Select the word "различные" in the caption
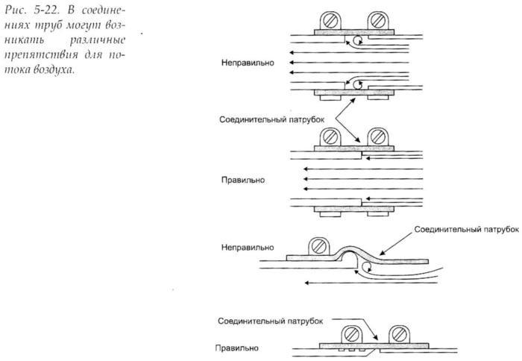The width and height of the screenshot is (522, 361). tap(98, 40)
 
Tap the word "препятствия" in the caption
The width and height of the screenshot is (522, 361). tap(41, 55)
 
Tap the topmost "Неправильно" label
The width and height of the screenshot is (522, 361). tap(248, 63)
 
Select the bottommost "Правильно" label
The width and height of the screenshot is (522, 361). tap(236, 348)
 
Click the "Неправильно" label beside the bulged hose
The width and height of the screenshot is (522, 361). tap(248, 248)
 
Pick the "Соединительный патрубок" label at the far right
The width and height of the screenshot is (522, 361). tap(466, 230)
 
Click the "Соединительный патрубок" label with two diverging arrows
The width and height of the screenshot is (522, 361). tap(271, 119)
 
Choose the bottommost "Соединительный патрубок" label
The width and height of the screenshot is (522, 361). tap(270, 321)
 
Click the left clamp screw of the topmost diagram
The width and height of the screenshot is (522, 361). tap(330, 21)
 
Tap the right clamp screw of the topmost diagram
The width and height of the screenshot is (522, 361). tap(378, 21)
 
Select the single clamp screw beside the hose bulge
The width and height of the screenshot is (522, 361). tap(319, 246)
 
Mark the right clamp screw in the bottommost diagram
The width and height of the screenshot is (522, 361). tap(400, 334)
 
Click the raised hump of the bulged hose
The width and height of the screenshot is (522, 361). tap(348, 248)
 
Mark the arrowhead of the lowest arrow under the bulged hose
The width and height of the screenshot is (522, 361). tap(306, 283)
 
